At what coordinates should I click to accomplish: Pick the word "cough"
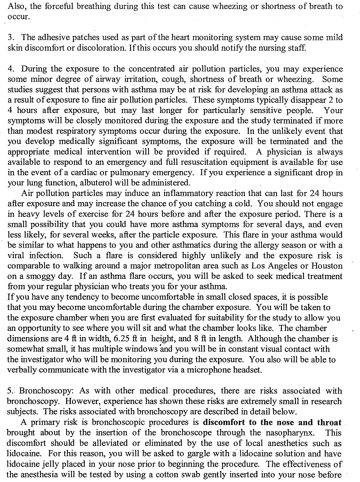[x=173, y=79]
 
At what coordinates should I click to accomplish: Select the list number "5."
[x=10, y=391]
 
